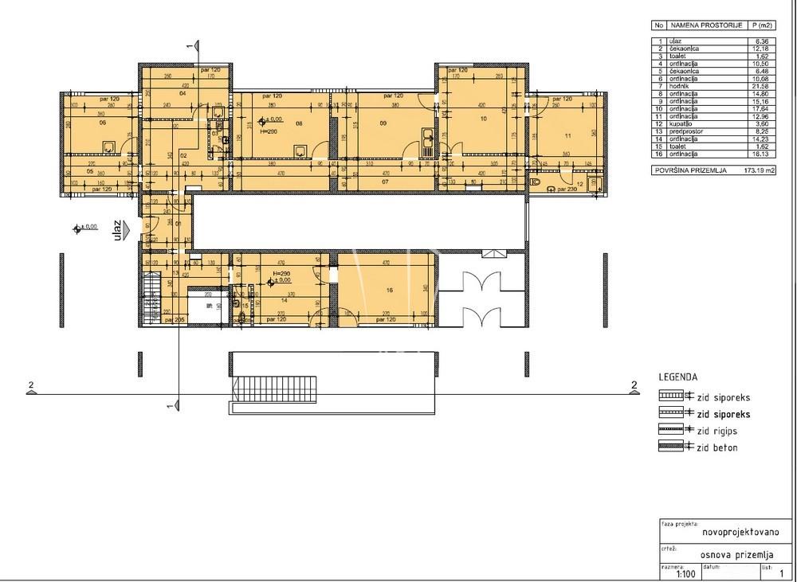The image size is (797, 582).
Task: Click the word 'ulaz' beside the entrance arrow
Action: click(x=117, y=231)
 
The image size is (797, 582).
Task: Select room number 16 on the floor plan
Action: click(x=389, y=291)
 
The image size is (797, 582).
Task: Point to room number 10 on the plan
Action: click(x=482, y=118)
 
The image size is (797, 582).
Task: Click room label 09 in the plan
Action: click(x=383, y=123)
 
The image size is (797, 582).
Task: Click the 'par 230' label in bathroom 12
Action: click(x=566, y=189)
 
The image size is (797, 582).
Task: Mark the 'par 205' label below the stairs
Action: click(x=175, y=319)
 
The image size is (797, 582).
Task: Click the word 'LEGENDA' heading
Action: click(x=678, y=377)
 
